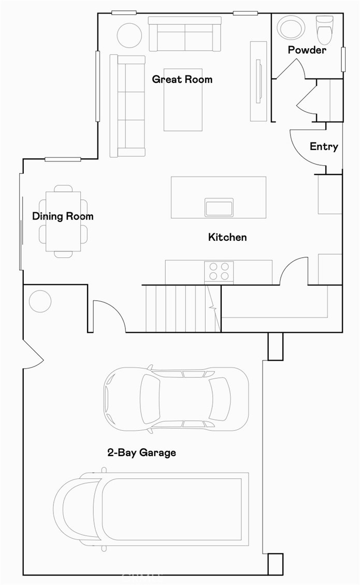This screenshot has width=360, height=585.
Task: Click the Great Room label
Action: pos(182,79)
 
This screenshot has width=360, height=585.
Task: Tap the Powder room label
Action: pos(307,50)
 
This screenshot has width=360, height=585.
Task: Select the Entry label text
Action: pos(324,147)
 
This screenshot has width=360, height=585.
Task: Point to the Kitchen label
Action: pos(227,237)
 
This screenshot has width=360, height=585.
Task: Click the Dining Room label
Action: pos(63,216)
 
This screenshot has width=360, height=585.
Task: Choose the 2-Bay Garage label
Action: pos(141,452)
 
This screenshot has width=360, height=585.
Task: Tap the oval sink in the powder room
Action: pos(292,27)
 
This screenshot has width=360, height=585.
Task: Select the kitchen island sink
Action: pos(219,207)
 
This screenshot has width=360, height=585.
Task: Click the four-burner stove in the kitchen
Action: pos(219,272)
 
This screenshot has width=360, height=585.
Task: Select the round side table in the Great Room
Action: pos(129,36)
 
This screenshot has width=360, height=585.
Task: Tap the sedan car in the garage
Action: pos(176,399)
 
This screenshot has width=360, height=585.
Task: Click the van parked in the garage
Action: pos(150,510)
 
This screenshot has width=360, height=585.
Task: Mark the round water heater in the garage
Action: pos(40,301)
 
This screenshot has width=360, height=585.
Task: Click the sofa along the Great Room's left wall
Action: pos(127,106)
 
